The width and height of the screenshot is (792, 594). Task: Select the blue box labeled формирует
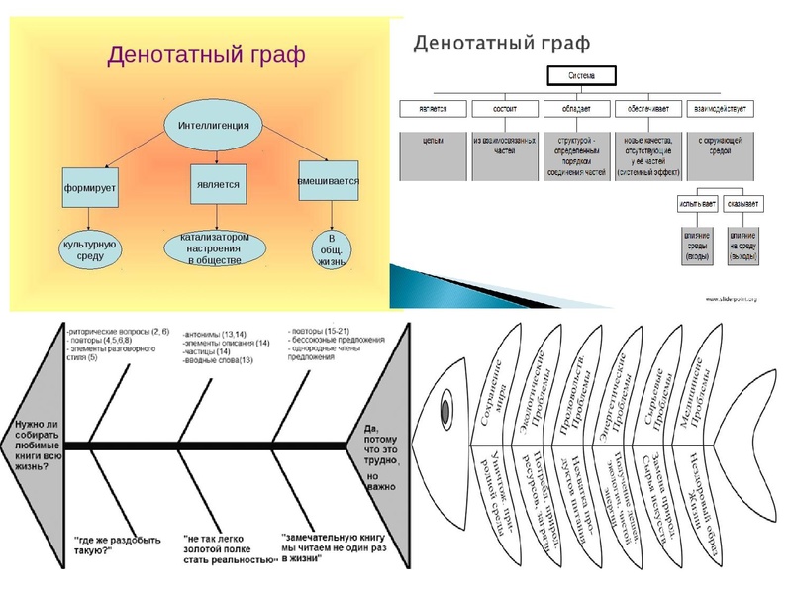click(90, 185)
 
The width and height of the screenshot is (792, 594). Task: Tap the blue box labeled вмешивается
click(328, 184)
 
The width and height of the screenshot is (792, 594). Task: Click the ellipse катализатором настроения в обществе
click(216, 247)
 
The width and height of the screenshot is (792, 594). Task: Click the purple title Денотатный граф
click(206, 54)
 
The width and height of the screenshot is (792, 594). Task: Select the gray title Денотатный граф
click(501, 43)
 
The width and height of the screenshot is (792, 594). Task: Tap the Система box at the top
click(582, 75)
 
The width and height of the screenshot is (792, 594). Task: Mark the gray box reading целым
click(433, 141)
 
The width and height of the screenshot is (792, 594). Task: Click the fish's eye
click(446, 408)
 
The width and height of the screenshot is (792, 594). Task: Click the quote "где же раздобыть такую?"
click(110, 544)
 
